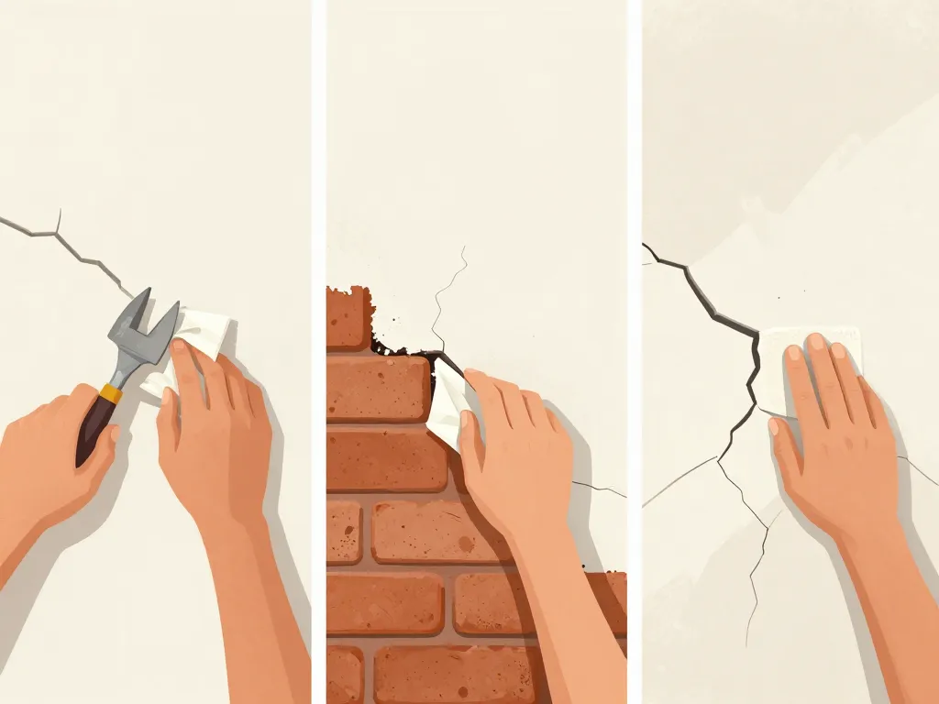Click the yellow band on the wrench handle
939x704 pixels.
click(x=111, y=393)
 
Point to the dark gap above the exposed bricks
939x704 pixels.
click(x=403, y=350)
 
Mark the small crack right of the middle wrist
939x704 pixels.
click(x=596, y=488)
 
